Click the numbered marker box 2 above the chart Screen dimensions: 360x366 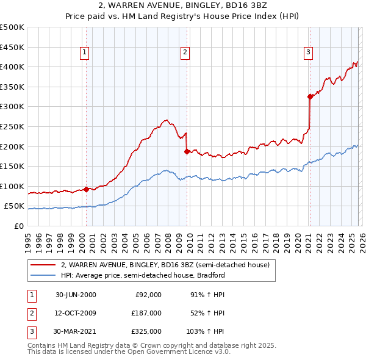click(184, 53)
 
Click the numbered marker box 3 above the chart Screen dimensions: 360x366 click(309, 53)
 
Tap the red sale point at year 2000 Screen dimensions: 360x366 click(86, 189)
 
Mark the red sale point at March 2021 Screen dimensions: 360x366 click(310, 96)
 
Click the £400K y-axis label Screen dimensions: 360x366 click(12, 67)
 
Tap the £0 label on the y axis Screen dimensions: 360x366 click(18, 226)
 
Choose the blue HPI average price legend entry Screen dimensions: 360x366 click(143, 275)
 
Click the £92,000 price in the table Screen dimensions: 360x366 click(148, 294)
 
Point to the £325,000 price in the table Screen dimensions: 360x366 click(146, 331)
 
